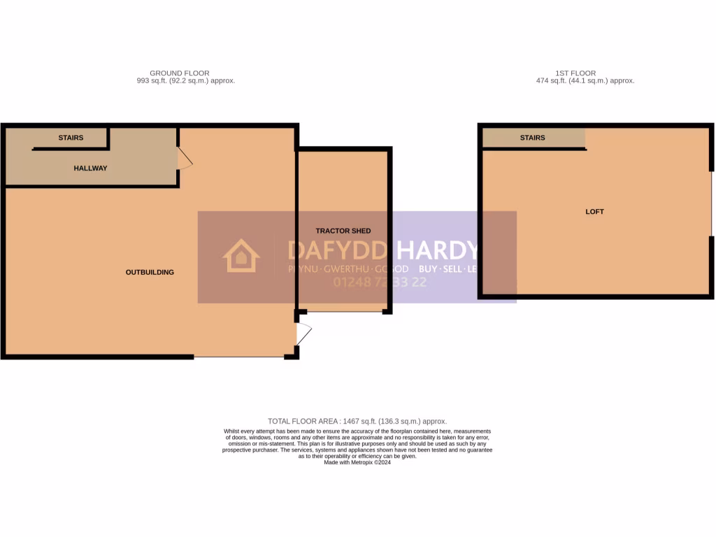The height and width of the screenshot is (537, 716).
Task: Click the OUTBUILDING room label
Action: point(150,272)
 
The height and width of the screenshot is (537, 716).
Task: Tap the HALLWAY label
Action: point(91,168)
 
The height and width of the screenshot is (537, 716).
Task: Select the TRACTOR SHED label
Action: point(343,231)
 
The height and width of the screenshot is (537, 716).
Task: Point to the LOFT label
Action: point(594,211)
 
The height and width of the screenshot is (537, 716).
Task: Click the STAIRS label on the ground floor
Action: point(71,138)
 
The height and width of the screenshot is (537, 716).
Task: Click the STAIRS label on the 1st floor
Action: point(532,138)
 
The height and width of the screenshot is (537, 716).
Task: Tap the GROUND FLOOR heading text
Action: point(179,73)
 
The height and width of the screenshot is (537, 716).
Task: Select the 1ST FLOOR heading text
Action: point(575,73)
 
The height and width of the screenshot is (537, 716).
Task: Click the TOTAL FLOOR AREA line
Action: point(357,421)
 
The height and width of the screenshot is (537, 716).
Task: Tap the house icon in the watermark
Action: point(241,256)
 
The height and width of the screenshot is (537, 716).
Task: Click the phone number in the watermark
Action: point(380,282)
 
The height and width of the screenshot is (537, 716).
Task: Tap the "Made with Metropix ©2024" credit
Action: point(357,462)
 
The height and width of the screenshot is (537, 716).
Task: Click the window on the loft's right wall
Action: point(712,204)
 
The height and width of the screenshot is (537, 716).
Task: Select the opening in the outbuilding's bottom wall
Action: point(238,357)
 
